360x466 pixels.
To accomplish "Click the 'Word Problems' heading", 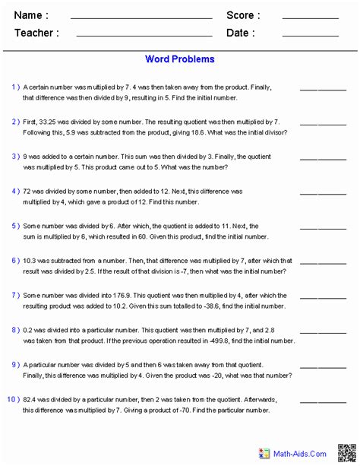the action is click(x=179, y=59).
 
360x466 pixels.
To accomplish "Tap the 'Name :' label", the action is click(x=31, y=15).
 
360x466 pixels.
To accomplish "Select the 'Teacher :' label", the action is click(x=35, y=33).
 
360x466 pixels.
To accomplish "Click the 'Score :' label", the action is click(x=243, y=15).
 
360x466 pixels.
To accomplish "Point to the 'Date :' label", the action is click(x=240, y=33).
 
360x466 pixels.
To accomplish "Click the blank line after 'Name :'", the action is click(x=141, y=18).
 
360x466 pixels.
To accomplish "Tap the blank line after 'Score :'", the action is click(x=310, y=18).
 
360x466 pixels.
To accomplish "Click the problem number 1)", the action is click(x=15, y=87).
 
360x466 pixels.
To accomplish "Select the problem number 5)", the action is click(x=15, y=226).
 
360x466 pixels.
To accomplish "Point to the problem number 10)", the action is click(x=13, y=400).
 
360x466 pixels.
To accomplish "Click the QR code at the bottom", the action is click(x=346, y=452).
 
